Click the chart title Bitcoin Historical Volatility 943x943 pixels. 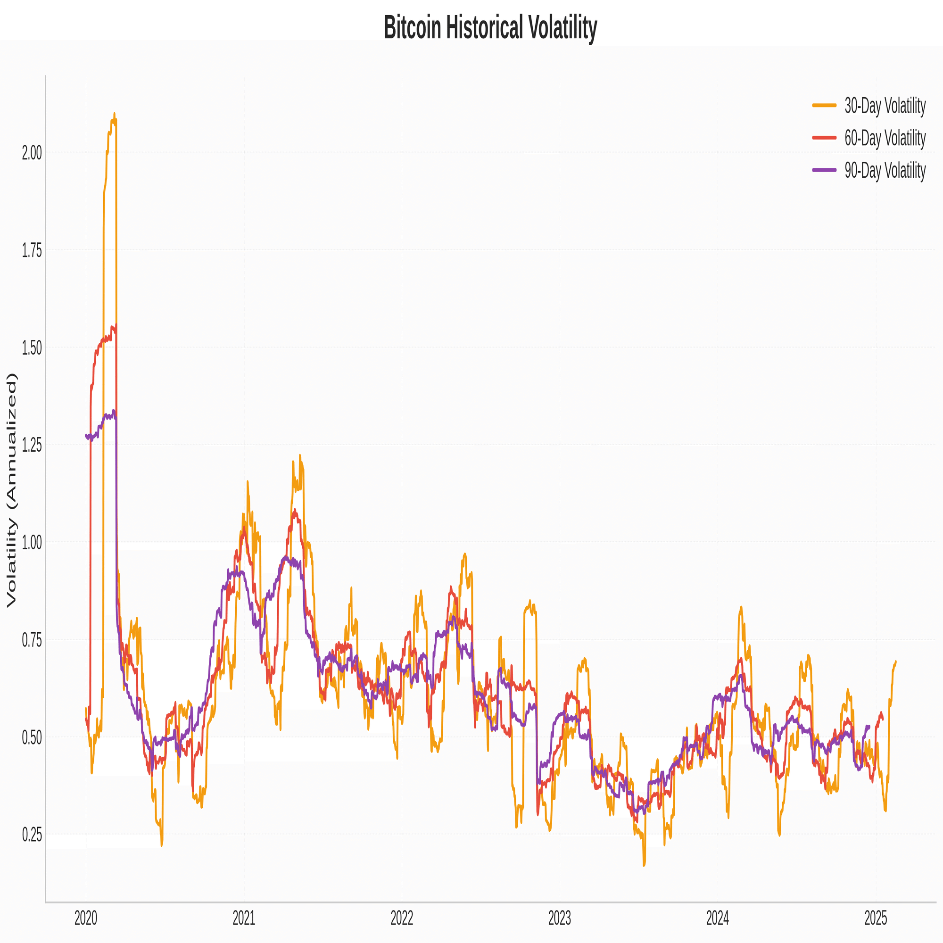[x=490, y=27]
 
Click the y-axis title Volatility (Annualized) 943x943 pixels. [x=12, y=490]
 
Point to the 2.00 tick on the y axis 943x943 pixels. [x=32, y=153]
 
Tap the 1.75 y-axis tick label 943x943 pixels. [x=32, y=251]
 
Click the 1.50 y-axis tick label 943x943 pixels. [x=32, y=348]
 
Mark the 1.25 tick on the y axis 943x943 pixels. [x=32, y=446]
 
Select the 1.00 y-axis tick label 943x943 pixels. [x=32, y=543]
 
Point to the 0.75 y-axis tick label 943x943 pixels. [x=32, y=640]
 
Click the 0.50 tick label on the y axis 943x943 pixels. [x=32, y=737]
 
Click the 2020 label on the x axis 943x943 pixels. [x=86, y=918]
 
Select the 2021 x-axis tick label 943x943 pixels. [x=244, y=918]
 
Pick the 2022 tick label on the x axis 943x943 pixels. [x=402, y=918]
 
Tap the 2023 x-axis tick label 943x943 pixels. [x=559, y=918]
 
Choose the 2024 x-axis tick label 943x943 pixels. [x=718, y=918]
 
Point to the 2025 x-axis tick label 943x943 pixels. [x=876, y=918]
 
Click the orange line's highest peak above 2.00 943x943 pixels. [x=114, y=114]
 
